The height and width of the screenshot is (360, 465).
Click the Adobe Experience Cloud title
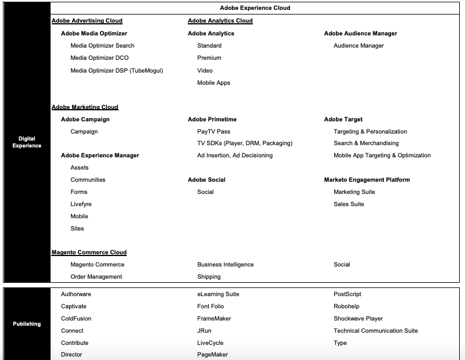pos(255,8)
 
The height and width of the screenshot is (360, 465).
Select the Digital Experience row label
pos(27,142)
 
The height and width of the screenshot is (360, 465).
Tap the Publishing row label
pos(27,324)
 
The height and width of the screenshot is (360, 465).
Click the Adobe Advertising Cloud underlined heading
pos(87,21)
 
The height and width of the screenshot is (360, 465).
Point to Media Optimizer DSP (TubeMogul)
pos(117,71)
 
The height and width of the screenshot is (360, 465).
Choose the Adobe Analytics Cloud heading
pos(220,21)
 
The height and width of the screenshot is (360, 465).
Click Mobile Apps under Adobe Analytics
pos(213,83)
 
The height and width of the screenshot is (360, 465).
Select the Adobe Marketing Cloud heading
pos(85,107)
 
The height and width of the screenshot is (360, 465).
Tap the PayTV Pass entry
pos(213,132)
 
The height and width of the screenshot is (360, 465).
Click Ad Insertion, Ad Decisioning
pos(235,156)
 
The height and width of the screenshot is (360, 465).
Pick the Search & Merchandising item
pos(366,143)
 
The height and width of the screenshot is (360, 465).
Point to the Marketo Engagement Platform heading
pos(367,180)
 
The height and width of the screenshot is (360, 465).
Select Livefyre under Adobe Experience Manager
pos(81,204)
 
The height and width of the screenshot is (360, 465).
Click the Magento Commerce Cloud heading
pos(89,253)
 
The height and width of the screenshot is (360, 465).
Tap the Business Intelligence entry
pos(226,265)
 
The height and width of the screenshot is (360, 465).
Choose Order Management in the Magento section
pos(96,277)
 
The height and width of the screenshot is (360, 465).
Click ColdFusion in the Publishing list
pos(76,319)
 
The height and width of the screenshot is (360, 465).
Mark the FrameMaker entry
pos(214,319)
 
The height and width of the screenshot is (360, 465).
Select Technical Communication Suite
pos(375,331)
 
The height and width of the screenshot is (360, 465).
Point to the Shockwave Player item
pos(358,319)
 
